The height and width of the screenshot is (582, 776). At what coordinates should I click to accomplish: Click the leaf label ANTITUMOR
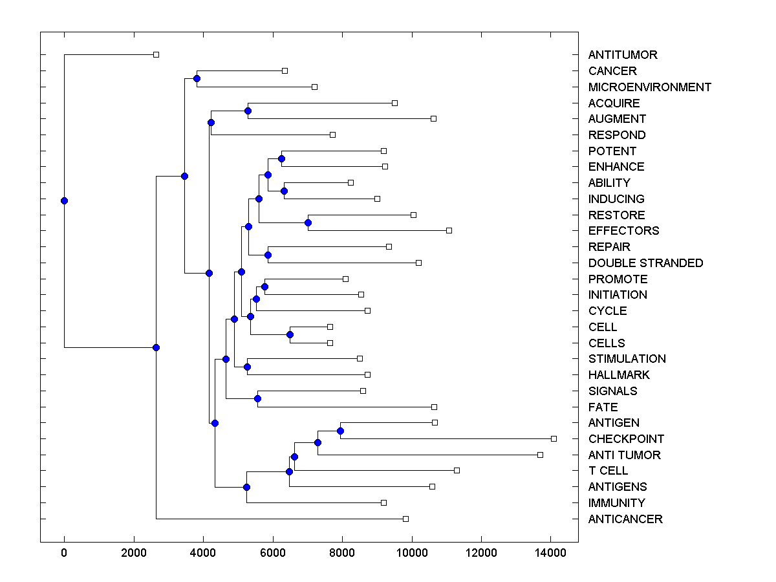coord(622,55)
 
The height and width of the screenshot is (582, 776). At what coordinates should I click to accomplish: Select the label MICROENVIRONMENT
coord(649,87)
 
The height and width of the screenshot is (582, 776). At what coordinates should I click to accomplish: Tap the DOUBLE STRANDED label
coord(645,263)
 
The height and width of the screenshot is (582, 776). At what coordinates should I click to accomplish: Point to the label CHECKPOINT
coord(626,439)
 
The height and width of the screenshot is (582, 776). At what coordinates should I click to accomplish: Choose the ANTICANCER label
coord(625,519)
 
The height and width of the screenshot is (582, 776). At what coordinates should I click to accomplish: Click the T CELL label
coord(608,471)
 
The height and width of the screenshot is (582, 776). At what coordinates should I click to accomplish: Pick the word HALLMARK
coord(619,375)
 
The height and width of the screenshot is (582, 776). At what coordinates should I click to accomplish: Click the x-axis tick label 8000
coord(342,552)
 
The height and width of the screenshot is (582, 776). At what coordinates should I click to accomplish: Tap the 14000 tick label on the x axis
coord(550,552)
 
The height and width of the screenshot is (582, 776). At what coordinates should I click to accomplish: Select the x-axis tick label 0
coord(64,552)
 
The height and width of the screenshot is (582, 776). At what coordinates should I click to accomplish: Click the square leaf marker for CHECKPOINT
coord(554,438)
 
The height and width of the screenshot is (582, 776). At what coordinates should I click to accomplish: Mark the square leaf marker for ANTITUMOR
coord(156,55)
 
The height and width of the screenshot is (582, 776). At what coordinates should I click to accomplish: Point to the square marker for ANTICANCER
coord(405,519)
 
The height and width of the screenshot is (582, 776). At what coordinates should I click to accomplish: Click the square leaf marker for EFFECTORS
coord(449,230)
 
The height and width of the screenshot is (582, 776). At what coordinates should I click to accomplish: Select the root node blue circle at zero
coord(64,200)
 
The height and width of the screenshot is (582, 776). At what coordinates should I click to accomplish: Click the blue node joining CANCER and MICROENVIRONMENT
coord(197,79)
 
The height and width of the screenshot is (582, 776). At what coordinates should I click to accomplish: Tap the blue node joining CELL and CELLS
coord(290,335)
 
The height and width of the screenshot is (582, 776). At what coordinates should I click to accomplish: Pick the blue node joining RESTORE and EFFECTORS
coord(308,223)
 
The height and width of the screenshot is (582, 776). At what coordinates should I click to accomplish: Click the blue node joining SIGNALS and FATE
coord(257,398)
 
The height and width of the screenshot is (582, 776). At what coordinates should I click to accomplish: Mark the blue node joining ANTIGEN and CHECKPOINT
coord(340,431)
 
